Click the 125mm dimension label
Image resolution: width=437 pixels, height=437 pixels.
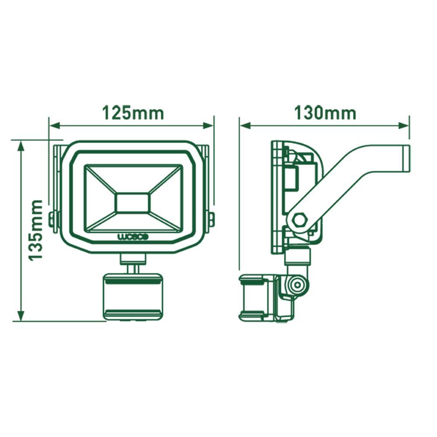(x=133, y=113)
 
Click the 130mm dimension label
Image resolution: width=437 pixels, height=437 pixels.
(x=325, y=113)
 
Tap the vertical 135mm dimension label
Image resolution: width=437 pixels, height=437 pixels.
(x=36, y=230)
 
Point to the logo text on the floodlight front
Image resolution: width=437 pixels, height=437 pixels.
(x=134, y=236)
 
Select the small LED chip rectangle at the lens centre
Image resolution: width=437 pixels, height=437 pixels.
(x=133, y=203)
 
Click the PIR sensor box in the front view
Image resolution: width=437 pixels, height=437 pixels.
(x=133, y=296)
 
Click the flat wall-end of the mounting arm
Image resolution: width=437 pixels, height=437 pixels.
(x=406, y=158)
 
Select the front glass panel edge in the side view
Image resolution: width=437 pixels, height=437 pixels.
(x=275, y=197)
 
